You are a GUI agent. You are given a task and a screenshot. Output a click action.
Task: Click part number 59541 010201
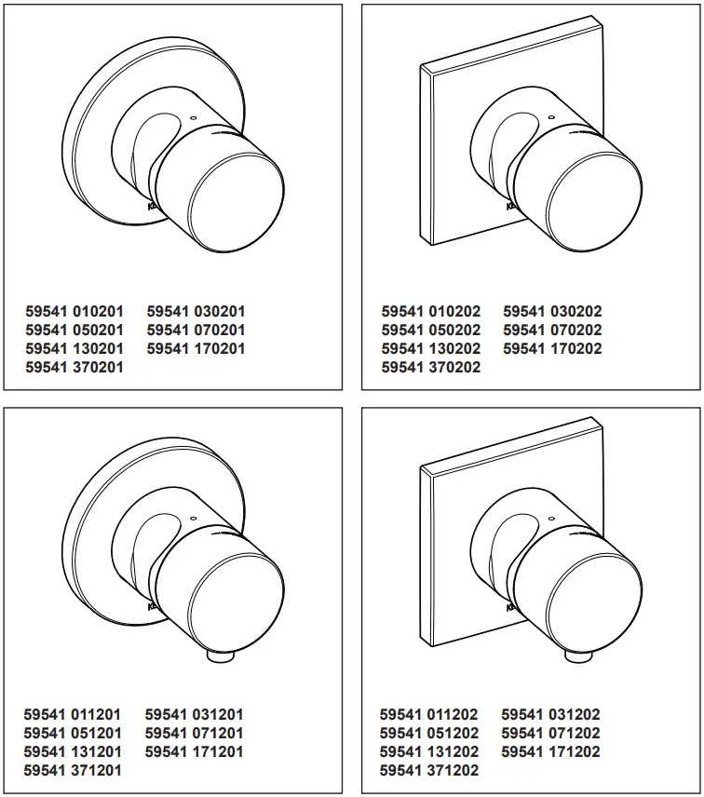pos(74,311)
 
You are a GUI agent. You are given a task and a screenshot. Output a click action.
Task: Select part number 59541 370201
pos(74,367)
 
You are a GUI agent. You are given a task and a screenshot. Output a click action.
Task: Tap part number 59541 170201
pos(196,348)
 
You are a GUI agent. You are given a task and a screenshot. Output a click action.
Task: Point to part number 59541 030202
pos(552,311)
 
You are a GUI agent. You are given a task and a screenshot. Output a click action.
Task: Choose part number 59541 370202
pos(431,367)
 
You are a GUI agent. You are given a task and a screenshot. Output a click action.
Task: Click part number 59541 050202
pos(431,330)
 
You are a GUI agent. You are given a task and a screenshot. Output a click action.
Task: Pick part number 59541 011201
pos(73,714)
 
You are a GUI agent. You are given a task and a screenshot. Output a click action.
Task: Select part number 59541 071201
pos(195,733)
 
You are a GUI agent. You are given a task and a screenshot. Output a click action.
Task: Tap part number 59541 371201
pos(73,770)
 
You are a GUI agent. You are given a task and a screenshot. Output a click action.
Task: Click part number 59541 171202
pos(551,751)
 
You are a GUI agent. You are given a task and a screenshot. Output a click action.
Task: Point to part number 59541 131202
pos(429,751)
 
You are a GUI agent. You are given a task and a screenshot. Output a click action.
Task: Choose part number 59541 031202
pos(551,714)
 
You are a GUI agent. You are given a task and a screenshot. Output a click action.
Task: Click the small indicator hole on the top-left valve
pos(193,117)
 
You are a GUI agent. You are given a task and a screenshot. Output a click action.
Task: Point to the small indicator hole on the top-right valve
pos(550,117)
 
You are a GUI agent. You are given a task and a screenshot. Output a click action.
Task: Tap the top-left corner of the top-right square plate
pos(422,65)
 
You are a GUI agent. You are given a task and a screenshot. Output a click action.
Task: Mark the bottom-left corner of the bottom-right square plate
pos(428,645)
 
